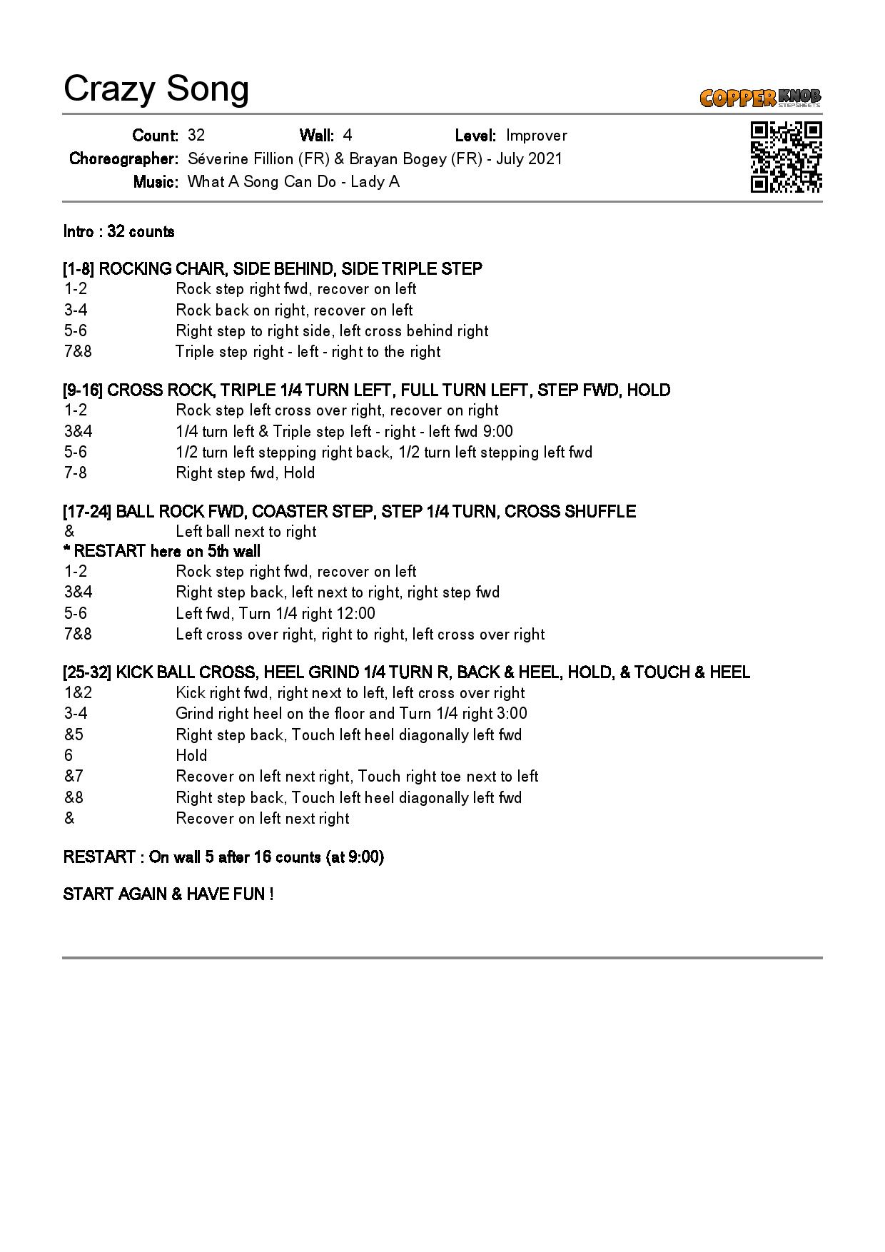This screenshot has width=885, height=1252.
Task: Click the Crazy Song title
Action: coord(156,89)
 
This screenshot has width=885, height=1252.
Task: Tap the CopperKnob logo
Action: coord(760,97)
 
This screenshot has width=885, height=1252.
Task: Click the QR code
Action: coord(786,157)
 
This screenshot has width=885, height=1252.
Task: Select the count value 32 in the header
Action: coord(196,136)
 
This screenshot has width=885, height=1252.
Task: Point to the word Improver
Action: coord(536,136)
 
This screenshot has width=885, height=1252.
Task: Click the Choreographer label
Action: coord(123,158)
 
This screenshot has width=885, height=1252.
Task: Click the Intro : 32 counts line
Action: coord(119,231)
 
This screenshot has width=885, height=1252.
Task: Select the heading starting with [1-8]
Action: coord(273,268)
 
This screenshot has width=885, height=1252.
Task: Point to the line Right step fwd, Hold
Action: coord(245,473)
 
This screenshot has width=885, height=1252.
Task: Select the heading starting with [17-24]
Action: coord(349,511)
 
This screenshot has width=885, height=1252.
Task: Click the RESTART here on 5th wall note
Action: coord(162,551)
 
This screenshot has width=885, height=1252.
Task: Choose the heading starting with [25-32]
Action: coord(406,672)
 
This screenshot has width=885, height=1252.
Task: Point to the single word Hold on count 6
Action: coord(191,755)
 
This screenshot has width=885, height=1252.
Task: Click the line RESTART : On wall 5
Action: coord(223,857)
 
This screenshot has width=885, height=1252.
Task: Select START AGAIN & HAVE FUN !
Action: coord(168,894)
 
